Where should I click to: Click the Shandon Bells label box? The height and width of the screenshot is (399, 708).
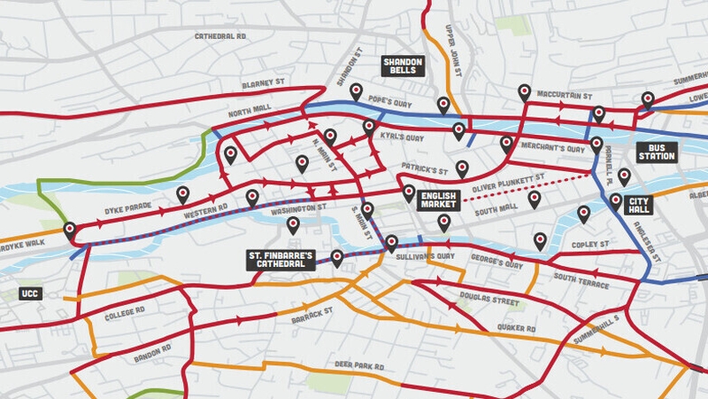[x=404, y=66]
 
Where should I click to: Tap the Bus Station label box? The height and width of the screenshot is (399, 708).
[x=658, y=151]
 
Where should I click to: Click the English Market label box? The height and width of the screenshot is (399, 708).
[x=438, y=199]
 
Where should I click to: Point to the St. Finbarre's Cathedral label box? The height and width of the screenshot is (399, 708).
[x=281, y=260]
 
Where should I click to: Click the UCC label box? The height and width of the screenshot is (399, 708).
[x=30, y=293]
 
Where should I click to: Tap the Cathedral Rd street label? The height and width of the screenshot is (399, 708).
[x=220, y=37]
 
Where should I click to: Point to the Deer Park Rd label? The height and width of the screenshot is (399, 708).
[x=358, y=365]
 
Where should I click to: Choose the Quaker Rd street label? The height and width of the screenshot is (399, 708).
[x=518, y=328]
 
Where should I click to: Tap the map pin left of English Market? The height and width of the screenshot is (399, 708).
[x=408, y=192]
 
